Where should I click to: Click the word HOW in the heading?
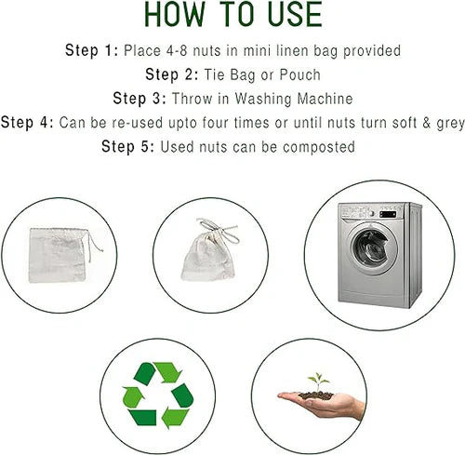coord(175,14)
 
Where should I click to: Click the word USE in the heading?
coord(295,14)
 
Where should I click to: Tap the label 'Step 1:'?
coord(92,50)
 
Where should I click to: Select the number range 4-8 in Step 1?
coord(177,50)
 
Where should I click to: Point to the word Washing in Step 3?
coord(263,100)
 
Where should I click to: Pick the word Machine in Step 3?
coord(325,99)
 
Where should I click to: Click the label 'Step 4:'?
coord(27,123)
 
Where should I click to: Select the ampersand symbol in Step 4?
coord(427,123)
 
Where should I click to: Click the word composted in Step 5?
coord(319,147)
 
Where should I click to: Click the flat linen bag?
coord(58,255)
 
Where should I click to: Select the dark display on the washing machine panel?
coord(388,214)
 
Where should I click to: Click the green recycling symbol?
coord(158,395)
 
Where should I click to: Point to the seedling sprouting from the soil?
coord(318,381)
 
